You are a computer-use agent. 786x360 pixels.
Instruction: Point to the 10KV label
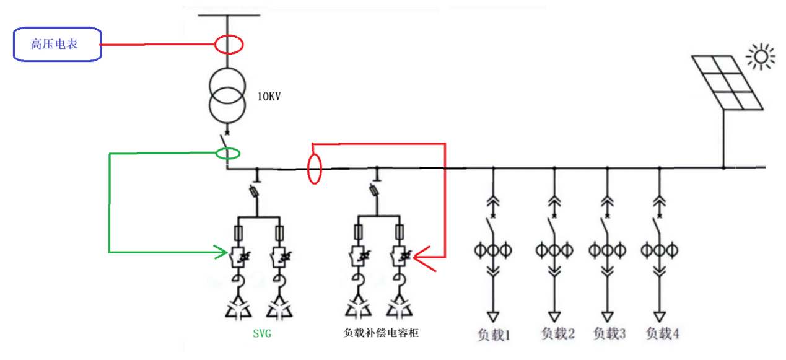click(x=269, y=97)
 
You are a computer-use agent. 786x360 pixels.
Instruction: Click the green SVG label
click(x=262, y=333)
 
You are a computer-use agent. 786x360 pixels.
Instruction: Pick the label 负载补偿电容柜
click(x=381, y=333)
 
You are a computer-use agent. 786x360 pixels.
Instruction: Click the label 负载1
click(x=494, y=335)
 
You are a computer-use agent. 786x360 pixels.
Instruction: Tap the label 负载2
click(x=558, y=334)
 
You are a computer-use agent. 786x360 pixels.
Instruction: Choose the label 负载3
click(x=609, y=333)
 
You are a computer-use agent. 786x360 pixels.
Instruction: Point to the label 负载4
click(x=663, y=333)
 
